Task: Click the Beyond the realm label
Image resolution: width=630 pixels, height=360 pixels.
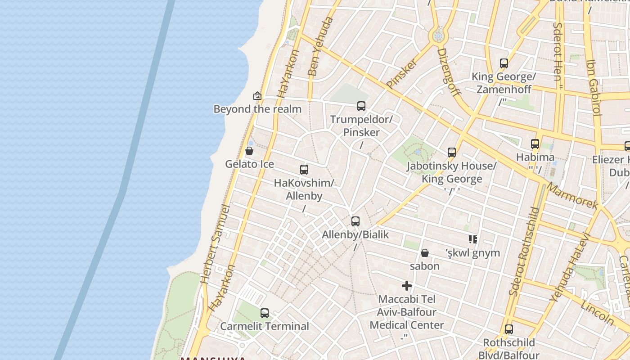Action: coord(257,109)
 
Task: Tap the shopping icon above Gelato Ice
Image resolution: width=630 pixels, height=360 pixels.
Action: coord(249,151)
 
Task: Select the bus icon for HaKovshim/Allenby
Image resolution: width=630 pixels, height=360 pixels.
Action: coord(304,170)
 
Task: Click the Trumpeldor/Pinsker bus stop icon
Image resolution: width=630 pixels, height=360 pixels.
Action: coord(361,106)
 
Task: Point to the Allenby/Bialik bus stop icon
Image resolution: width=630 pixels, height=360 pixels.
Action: coord(355,221)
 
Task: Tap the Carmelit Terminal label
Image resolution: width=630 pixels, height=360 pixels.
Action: coord(265,326)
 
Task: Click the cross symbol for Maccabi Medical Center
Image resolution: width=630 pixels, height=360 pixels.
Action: coord(407,286)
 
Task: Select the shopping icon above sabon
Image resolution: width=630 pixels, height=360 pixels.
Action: coord(424,253)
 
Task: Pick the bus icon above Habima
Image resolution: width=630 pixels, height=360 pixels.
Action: coord(535,144)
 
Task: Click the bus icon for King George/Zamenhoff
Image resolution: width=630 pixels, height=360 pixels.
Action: coord(504,63)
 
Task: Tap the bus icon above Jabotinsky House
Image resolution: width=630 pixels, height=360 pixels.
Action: coord(452,153)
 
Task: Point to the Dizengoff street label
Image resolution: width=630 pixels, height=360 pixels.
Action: coord(449,72)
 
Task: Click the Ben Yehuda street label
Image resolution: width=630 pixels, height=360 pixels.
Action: coord(320,46)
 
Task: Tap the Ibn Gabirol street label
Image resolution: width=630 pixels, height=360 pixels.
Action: coord(594,87)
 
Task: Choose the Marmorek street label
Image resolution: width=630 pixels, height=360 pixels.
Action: coord(572,196)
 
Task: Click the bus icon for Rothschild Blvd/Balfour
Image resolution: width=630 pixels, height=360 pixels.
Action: coord(509,329)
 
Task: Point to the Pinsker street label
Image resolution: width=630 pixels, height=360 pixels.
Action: coord(402,72)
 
